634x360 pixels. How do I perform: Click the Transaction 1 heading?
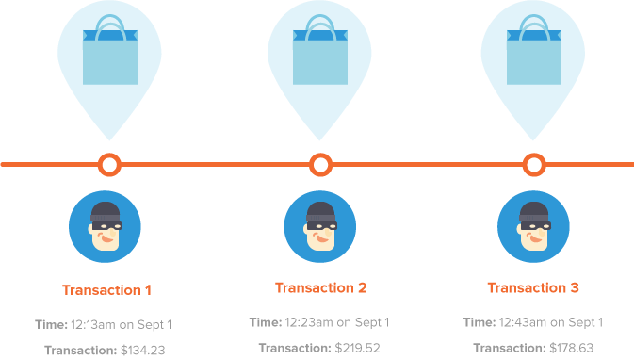tap(106, 290)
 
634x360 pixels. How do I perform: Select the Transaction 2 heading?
tap(320, 287)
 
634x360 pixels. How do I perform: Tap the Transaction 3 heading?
tap(533, 287)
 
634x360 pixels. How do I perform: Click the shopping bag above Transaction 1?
tap(110, 50)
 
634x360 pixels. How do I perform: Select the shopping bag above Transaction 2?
tap(320, 50)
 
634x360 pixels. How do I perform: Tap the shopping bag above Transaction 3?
tap(534, 50)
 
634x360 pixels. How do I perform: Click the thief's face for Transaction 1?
tap(106, 226)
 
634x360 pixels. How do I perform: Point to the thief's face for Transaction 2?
tap(320, 226)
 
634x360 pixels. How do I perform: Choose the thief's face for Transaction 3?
tap(534, 226)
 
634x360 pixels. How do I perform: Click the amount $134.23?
tap(143, 350)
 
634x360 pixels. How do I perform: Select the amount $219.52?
tap(357, 348)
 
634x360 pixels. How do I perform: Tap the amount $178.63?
tap(571, 348)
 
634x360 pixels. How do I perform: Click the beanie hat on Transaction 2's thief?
tap(320, 211)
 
